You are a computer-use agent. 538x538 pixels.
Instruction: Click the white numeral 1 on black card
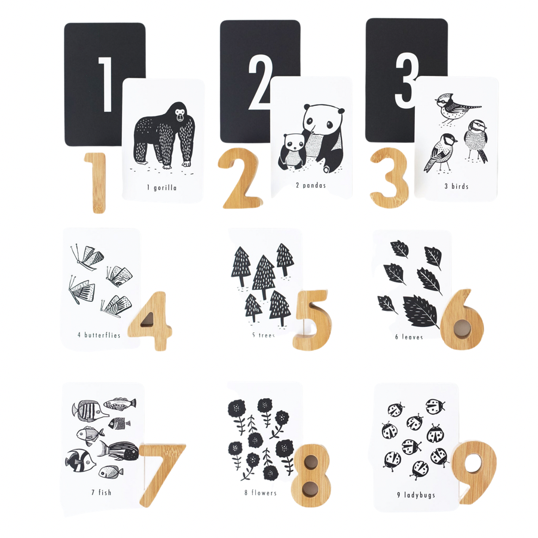pyautogui.click(x=105, y=84)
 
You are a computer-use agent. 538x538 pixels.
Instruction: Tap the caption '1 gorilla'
pyautogui.click(x=162, y=188)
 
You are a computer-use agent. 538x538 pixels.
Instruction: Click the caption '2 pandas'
pyautogui.click(x=311, y=185)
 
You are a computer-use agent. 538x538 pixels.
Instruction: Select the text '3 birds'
pyautogui.click(x=456, y=187)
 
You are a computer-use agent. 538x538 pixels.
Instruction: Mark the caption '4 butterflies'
pyautogui.click(x=99, y=335)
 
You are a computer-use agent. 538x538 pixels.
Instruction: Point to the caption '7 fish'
pyautogui.click(x=102, y=493)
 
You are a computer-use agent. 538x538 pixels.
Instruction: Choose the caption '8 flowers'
pyautogui.click(x=261, y=493)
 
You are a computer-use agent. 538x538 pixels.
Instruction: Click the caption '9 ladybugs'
pyautogui.click(x=415, y=495)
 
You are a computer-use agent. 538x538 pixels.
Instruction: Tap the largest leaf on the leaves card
pyautogui.click(x=421, y=311)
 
